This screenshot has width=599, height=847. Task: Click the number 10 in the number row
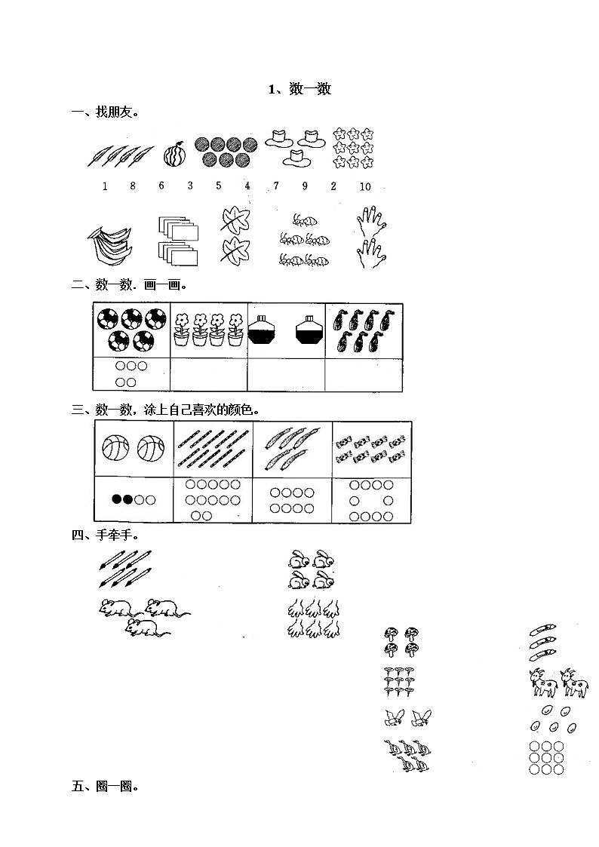(365, 186)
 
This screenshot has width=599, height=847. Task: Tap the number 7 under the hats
(276, 186)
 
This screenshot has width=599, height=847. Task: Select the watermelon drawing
(175, 155)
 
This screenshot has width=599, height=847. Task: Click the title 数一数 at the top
(310, 89)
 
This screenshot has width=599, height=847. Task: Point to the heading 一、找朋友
(106, 112)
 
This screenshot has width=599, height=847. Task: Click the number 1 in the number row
(105, 186)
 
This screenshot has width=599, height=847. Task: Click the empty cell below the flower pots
(208, 374)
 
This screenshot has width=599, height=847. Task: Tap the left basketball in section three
(115, 448)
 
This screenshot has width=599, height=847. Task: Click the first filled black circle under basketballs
(117, 499)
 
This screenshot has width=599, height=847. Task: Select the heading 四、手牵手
(106, 536)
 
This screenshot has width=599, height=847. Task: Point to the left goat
(543, 683)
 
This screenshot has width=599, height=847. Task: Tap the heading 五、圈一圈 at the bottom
(106, 787)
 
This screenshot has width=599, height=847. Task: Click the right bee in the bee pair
(421, 717)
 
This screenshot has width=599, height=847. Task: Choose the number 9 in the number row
(306, 186)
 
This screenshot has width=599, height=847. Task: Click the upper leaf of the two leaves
(235, 221)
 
